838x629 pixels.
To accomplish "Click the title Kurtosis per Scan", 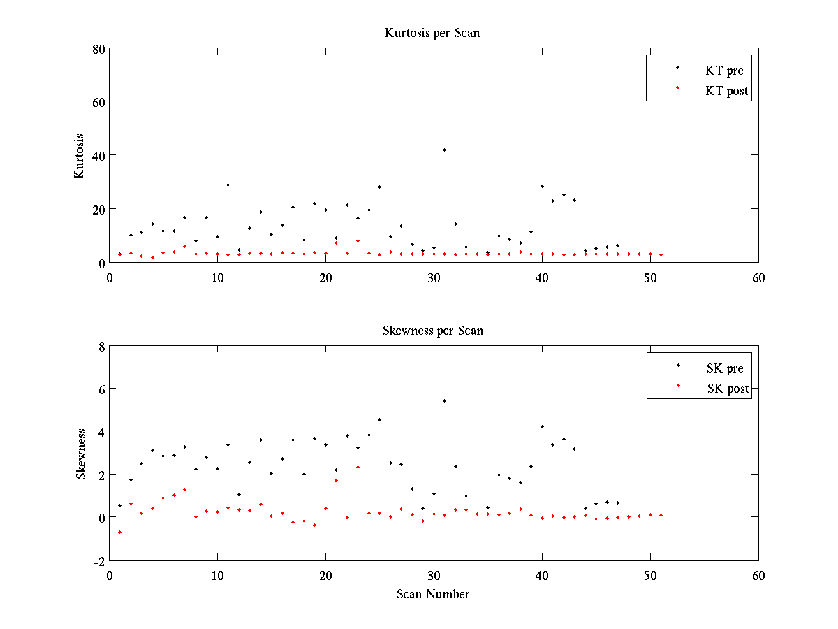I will pyautogui.click(x=432, y=33).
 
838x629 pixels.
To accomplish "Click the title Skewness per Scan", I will pyautogui.click(x=432, y=331).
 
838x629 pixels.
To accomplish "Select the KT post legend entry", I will pyautogui.click(x=726, y=91).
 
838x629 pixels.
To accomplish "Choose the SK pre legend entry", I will pyautogui.click(x=725, y=368).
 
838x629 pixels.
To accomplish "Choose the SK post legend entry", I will pyautogui.click(x=728, y=389).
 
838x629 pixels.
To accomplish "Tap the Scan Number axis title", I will pyautogui.click(x=433, y=594).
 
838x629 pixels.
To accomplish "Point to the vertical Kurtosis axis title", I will pyautogui.click(x=80, y=156).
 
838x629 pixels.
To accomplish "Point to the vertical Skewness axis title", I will pyautogui.click(x=81, y=454).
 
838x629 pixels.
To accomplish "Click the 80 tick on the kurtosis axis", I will pyautogui.click(x=98, y=48).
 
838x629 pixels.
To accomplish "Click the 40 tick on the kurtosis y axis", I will pyautogui.click(x=98, y=155).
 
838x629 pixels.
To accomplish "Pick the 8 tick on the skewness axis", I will pyautogui.click(x=101, y=346).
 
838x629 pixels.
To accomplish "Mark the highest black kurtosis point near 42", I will pyautogui.click(x=444, y=150).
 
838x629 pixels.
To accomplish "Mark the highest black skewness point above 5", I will pyautogui.click(x=444, y=400).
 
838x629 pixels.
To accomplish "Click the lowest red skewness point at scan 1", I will pyautogui.click(x=120, y=532).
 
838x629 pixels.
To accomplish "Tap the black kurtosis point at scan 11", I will pyautogui.click(x=228, y=185).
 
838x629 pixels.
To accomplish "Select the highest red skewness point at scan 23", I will pyautogui.click(x=358, y=467).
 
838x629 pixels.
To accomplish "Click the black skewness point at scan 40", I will pyautogui.click(x=542, y=426).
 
